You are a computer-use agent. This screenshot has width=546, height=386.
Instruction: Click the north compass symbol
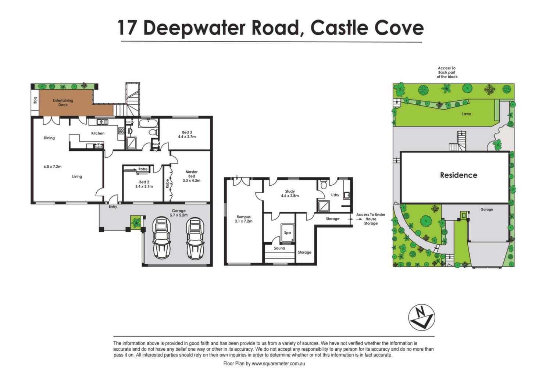(421, 317)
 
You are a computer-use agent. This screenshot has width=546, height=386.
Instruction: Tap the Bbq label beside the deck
(35, 100)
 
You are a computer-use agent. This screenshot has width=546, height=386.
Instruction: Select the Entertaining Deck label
(63, 103)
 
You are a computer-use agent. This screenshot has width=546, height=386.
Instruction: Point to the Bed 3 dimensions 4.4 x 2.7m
(187, 137)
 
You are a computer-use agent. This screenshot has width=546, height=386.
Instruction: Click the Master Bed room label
(192, 174)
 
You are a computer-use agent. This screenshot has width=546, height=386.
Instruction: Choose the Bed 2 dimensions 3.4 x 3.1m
(144, 187)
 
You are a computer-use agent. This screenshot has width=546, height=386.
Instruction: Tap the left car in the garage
(161, 238)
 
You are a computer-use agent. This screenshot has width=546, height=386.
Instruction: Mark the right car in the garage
(195, 238)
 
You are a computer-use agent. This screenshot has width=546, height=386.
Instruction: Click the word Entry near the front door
(113, 207)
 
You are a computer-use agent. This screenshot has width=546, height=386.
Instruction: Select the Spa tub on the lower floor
(288, 233)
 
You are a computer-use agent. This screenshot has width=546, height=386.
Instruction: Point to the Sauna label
(279, 248)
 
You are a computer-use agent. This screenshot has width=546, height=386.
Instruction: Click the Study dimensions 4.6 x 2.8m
(290, 196)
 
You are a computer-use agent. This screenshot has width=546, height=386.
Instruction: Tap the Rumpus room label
(243, 217)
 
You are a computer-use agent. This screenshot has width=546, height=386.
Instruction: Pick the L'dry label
(335, 195)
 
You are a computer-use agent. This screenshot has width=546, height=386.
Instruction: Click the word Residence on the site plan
(458, 175)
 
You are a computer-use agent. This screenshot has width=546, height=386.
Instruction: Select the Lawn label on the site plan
(467, 114)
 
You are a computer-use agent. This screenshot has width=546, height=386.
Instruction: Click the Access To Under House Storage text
(371, 219)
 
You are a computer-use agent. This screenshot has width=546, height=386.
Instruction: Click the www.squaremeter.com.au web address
(278, 364)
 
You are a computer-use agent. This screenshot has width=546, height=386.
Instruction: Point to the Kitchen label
(98, 133)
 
